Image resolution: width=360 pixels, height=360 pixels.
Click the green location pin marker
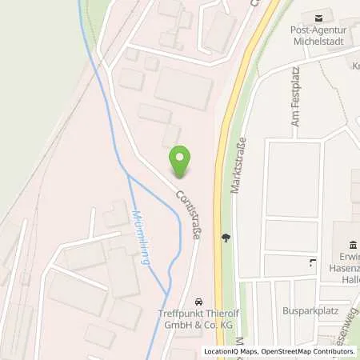[182, 162]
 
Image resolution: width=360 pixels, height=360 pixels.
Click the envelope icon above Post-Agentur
[318, 16]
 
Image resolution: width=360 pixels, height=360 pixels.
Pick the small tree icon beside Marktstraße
[226, 238]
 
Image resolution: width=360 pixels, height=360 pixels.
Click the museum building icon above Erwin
[352, 245]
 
